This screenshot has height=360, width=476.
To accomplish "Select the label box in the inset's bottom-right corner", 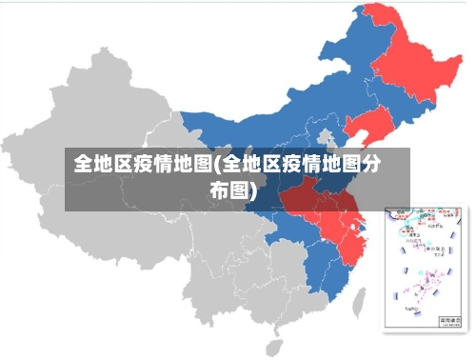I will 446,323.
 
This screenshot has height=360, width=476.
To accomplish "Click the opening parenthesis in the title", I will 216,165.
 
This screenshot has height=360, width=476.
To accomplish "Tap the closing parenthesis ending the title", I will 255,192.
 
